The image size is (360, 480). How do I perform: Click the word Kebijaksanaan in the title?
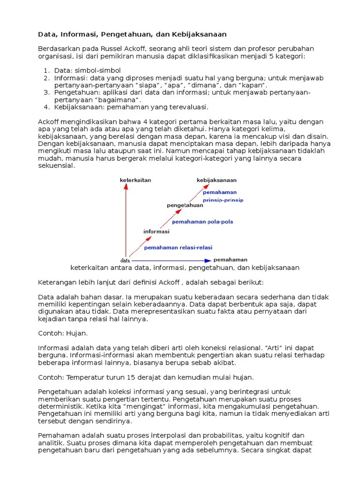click(198, 34)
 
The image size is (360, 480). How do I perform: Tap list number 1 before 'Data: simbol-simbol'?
click(46, 70)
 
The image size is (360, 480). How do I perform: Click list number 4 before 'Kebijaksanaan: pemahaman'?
click(46, 107)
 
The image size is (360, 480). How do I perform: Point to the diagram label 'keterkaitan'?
click(135, 180)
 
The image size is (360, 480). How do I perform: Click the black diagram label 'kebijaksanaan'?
click(217, 180)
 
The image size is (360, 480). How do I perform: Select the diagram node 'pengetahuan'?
click(185, 205)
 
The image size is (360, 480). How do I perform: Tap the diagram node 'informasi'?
click(156, 231)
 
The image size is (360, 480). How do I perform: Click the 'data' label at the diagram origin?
click(125, 260)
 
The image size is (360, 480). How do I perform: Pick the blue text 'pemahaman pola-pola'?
click(202, 222)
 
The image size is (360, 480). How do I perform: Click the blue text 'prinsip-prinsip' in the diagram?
click(223, 200)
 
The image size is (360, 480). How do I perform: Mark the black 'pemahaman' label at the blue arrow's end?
click(231, 259)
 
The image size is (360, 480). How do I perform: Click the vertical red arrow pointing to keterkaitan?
click(126, 220)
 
